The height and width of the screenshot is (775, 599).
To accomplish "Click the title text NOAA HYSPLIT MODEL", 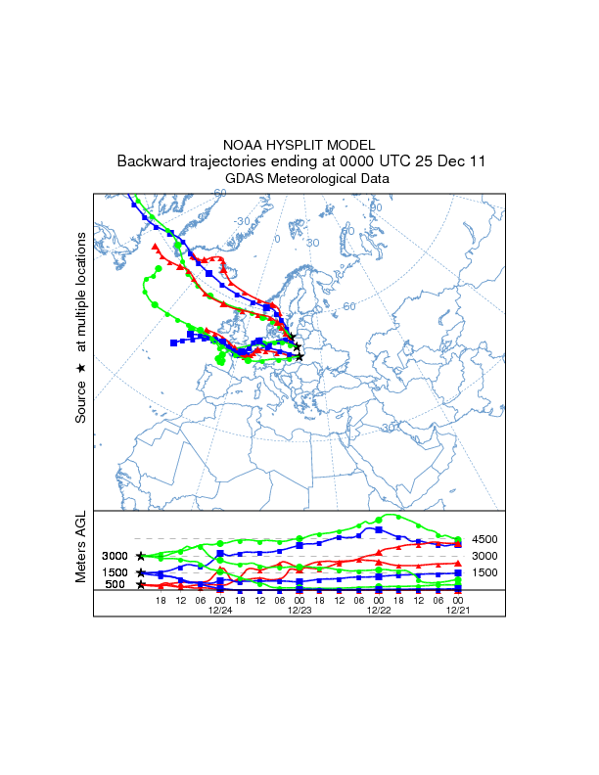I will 299,145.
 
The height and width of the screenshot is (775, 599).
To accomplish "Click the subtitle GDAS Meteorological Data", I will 299,179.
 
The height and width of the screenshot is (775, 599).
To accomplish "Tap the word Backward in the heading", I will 151,161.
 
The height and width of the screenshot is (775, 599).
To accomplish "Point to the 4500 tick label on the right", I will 485,539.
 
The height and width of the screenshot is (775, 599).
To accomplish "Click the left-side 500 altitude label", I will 115,585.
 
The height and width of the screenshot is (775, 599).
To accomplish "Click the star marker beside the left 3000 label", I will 142,556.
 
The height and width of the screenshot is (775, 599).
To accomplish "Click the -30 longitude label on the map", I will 242,221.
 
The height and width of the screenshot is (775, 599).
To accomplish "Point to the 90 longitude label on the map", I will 376,207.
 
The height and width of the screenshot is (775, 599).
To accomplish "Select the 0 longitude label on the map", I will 277,239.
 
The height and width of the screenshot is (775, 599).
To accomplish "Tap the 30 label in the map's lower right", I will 388,428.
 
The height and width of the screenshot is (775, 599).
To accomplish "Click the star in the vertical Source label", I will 81,368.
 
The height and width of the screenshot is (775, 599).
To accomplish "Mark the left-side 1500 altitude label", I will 115,572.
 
